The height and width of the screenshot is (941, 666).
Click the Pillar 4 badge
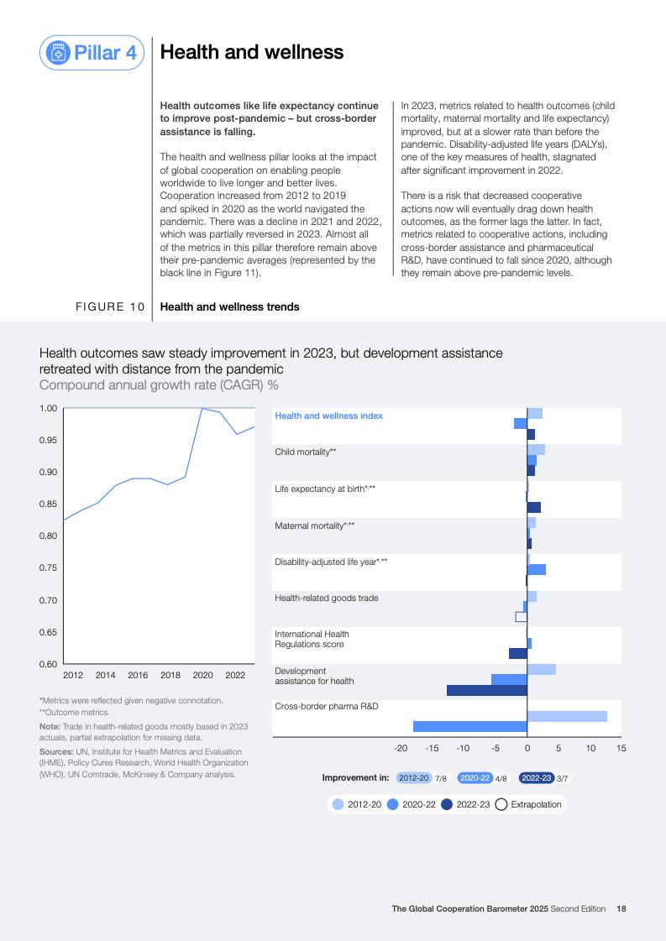click(x=92, y=53)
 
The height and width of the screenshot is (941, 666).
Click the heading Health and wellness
click(x=251, y=52)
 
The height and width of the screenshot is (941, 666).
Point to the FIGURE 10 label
click(x=110, y=307)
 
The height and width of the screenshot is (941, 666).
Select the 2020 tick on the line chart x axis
click(x=202, y=675)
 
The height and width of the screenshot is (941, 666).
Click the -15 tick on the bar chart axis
click(x=432, y=747)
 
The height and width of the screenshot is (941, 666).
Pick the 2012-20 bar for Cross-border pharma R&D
click(x=567, y=716)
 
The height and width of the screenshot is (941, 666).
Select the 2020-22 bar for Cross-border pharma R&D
click(x=469, y=727)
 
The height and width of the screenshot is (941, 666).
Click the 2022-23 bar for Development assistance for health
click(x=486, y=690)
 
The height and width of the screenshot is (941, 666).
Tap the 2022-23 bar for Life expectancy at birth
click(x=533, y=508)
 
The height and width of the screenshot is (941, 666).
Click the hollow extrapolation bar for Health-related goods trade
click(x=521, y=617)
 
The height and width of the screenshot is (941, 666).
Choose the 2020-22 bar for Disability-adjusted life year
click(x=536, y=569)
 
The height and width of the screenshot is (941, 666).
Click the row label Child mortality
click(x=306, y=452)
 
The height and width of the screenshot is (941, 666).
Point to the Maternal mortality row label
click(x=314, y=525)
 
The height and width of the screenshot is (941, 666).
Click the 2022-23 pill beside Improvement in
click(x=536, y=778)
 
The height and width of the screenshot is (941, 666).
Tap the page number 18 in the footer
click(x=621, y=908)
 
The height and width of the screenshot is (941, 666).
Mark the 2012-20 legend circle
click(x=338, y=804)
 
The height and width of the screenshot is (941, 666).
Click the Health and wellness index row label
click(x=328, y=416)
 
